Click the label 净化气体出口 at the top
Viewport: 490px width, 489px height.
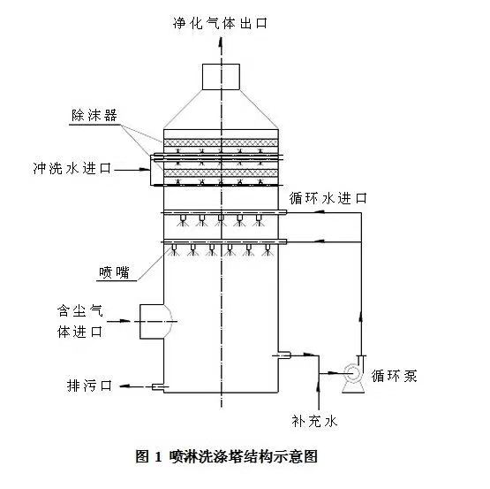pos(221,23)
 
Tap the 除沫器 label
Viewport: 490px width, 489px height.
pos(94,115)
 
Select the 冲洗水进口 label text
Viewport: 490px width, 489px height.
pos(72,168)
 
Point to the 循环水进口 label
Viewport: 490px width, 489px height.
pos(328,198)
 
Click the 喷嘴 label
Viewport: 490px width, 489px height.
pos(114,272)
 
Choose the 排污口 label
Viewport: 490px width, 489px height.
pos(89,386)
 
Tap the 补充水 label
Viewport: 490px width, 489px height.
pos(314,421)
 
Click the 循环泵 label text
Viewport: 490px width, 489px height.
pos(394,376)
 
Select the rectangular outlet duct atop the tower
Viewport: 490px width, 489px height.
pos(221,77)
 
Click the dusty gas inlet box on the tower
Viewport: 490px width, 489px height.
pos(152,322)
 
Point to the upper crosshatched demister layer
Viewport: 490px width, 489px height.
pos(221,142)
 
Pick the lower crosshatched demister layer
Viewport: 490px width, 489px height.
pos(221,172)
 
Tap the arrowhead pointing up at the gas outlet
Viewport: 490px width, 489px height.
pos(221,42)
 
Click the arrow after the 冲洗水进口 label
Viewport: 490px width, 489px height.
pos(132,170)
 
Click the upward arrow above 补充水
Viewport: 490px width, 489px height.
pos(319,392)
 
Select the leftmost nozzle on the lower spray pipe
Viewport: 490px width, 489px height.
pos(174,249)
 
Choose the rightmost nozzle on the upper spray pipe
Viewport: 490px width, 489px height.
pos(259,220)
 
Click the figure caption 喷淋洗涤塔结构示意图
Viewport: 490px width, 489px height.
pos(244,456)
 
